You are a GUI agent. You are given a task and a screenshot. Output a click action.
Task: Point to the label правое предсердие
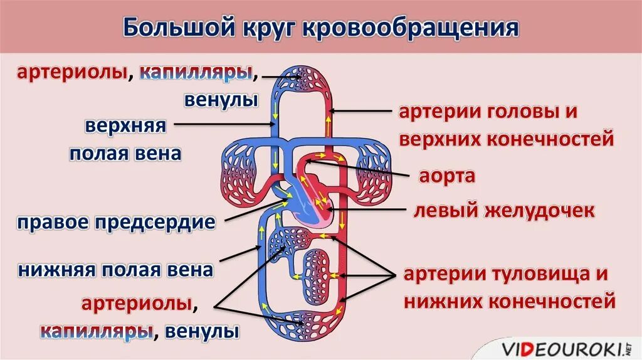(117, 223)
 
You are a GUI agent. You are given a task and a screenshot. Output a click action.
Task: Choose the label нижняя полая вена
(117, 270)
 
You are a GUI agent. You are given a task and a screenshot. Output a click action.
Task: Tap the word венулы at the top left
(221, 100)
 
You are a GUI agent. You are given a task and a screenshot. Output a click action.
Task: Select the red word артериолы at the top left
(71, 73)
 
